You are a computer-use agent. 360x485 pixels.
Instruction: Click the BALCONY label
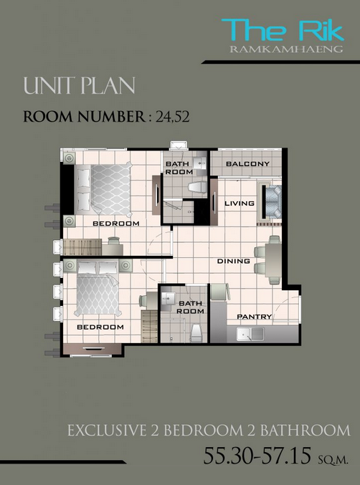(247, 163)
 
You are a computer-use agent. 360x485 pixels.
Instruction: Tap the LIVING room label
(240, 203)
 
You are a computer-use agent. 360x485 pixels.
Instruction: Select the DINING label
(233, 261)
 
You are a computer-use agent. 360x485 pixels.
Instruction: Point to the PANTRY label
(254, 317)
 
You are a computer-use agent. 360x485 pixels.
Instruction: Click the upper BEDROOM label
(116, 224)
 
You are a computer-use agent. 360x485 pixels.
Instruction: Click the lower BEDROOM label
(100, 327)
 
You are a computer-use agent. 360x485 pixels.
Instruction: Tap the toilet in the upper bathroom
(197, 188)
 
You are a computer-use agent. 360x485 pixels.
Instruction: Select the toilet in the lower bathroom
(196, 332)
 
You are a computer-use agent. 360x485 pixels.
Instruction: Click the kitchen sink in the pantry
(250, 334)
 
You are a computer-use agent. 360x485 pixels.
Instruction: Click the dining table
(273, 260)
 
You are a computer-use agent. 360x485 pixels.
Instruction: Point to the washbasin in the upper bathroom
(199, 163)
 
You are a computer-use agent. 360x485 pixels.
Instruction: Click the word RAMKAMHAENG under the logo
(286, 49)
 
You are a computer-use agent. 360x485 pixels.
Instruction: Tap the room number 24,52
(173, 117)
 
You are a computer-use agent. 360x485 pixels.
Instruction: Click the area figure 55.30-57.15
(257, 456)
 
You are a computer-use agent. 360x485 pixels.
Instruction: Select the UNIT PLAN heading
(80, 86)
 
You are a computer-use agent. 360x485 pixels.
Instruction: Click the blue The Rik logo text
(283, 29)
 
